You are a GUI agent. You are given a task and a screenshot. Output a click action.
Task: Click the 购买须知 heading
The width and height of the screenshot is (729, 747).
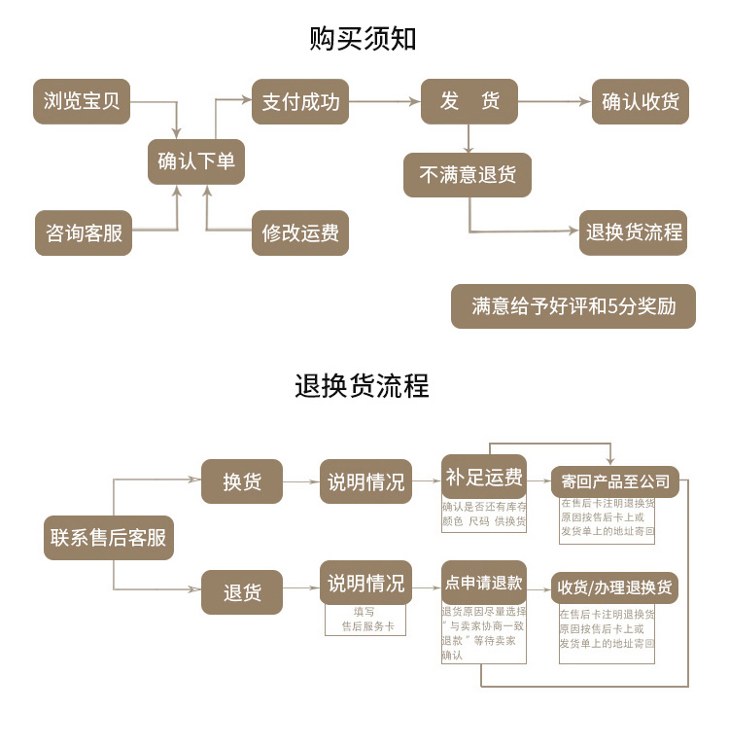364,39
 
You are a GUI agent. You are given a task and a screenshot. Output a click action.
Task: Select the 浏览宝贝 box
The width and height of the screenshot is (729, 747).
83,101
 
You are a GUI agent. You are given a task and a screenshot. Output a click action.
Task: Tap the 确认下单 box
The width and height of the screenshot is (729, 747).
196,161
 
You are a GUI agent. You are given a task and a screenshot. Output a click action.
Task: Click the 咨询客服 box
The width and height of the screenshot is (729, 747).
84,233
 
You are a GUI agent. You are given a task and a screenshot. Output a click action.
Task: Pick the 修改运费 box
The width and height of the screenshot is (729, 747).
300,233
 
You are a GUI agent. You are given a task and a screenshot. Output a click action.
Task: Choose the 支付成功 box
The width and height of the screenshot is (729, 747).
300,101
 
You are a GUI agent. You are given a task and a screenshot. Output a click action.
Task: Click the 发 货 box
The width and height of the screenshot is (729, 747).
469,101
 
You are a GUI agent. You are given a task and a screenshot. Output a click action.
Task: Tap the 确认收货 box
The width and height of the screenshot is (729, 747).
641,101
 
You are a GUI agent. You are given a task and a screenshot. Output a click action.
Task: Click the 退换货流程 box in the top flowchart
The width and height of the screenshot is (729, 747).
634,233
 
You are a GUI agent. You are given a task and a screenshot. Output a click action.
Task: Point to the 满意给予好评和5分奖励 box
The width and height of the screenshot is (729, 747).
573,305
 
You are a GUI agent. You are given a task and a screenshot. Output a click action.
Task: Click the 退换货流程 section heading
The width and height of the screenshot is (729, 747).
362,385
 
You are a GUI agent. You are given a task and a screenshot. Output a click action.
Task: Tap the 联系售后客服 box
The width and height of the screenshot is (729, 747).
109,537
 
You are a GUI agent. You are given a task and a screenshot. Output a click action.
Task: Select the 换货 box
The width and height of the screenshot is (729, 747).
242,481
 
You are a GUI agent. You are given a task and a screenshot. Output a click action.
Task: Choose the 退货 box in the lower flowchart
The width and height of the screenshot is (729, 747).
242,592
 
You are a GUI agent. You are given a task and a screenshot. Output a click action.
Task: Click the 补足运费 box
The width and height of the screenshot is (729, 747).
484,478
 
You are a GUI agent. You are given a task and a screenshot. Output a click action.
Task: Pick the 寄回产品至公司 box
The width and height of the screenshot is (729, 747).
615,481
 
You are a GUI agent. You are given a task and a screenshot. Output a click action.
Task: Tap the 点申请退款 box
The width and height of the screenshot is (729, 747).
484,584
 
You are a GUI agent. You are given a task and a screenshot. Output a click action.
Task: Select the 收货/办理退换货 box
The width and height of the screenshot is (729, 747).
615,588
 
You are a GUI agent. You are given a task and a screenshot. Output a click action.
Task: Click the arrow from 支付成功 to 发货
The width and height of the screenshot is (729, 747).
385,101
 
